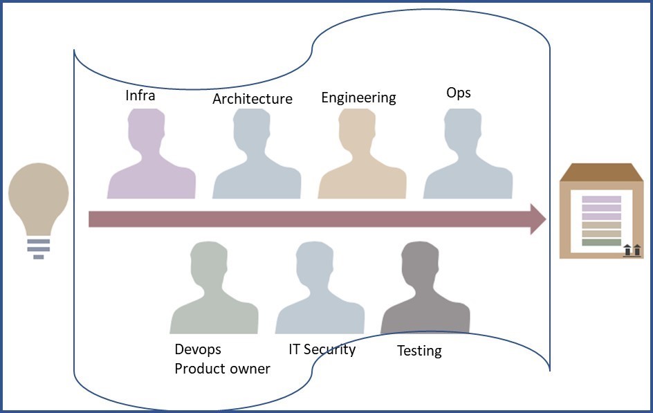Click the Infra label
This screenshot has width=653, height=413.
click(140, 95)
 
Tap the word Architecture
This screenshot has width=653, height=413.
click(252, 99)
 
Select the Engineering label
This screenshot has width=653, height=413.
click(358, 98)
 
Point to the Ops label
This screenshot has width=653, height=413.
click(459, 93)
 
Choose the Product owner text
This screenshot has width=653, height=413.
click(222, 369)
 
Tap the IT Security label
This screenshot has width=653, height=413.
click(322, 350)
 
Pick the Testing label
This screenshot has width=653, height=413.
click(419, 351)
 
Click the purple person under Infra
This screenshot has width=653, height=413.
click(151, 154)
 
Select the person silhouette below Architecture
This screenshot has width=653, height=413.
click(257, 154)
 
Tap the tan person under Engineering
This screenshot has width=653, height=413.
click(362, 154)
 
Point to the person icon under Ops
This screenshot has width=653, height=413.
click(468, 154)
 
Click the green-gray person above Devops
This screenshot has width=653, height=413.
click(214, 288)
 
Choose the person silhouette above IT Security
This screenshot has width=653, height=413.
click(320, 288)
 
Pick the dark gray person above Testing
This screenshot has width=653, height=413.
click(425, 288)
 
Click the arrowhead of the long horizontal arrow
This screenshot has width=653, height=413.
click(538, 219)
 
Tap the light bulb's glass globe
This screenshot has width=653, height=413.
click(38, 196)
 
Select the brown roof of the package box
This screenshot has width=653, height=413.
click(601, 172)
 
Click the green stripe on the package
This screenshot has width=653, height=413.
click(601, 242)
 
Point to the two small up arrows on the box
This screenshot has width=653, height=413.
click(632, 250)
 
